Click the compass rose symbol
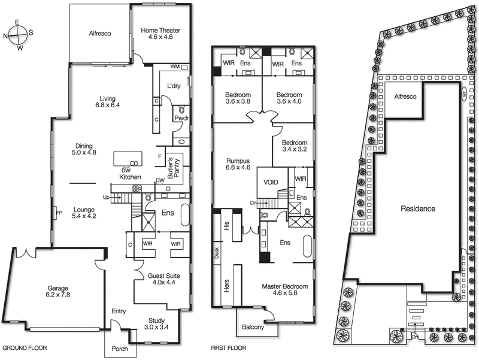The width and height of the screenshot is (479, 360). click(x=18, y=34)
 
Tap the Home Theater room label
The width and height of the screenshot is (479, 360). click(x=160, y=35)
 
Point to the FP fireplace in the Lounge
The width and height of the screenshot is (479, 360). click(x=59, y=213)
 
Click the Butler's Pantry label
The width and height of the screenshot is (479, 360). click(x=170, y=167)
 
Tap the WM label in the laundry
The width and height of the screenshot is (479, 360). click(x=175, y=66)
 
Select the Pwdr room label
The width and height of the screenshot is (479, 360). click(x=181, y=119)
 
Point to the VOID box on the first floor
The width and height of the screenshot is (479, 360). click(x=271, y=183)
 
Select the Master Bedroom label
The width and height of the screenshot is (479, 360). click(x=284, y=291)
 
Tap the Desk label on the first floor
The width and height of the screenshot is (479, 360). click(x=217, y=253)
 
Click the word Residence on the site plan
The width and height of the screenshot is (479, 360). click(x=419, y=209)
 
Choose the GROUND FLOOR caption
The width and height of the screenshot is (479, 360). click(x=25, y=348)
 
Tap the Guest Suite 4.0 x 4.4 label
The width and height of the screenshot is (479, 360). click(x=165, y=279)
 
